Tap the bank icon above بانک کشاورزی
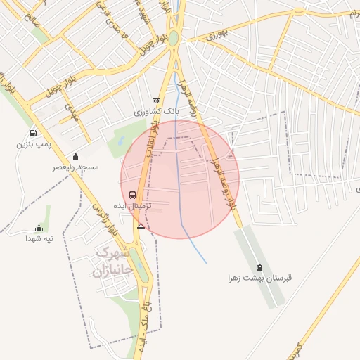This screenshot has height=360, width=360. tap(156, 101)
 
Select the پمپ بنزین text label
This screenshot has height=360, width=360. tap(34, 144)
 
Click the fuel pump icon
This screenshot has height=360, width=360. tap(33, 134)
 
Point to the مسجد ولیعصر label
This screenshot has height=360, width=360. tap(76, 167)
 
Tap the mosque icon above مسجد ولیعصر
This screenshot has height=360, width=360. tap(76, 157)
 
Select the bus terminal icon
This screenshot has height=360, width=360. tap(132, 195)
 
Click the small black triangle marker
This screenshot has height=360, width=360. tap(141, 226)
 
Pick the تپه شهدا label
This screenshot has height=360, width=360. tap(39, 239)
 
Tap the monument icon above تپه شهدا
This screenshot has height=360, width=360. tap(39, 229)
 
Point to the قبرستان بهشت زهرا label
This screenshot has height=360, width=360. tap(259, 278)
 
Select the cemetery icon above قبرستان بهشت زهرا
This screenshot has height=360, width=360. tap(260, 267)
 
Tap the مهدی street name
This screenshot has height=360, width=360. tap(70, 111)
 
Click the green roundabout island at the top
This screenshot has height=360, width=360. tap(173, 39)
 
